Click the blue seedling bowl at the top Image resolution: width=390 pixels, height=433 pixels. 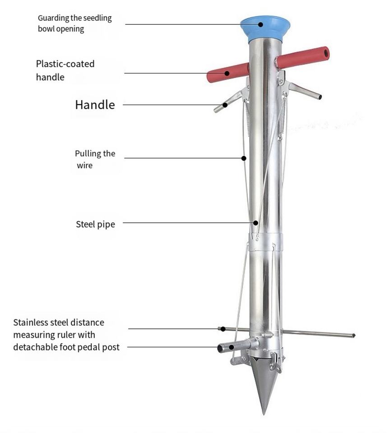(265, 28)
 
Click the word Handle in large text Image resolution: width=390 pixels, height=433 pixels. (95, 105)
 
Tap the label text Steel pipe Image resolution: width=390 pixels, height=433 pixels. (95, 224)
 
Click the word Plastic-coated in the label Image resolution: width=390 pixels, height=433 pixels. (65, 64)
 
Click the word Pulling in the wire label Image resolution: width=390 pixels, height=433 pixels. (88, 154)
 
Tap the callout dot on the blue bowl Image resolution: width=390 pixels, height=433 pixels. (261, 24)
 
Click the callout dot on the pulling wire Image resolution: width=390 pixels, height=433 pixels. (244, 158)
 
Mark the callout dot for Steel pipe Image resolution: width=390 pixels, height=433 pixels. (255, 222)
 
